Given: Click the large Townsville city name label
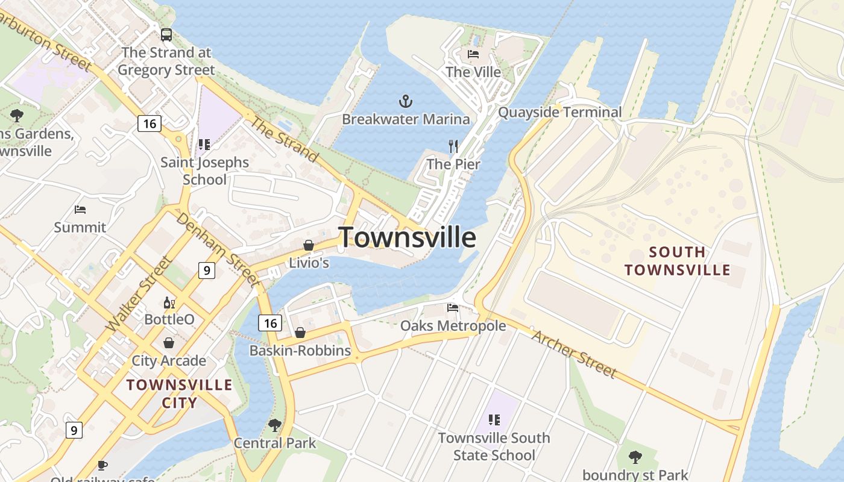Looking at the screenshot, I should point(407,237).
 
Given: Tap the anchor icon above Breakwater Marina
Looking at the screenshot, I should point(406,101).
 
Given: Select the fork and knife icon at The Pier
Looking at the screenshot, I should point(453,146).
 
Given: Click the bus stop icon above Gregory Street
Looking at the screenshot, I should point(166,35).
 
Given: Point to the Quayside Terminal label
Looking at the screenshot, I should point(559,112).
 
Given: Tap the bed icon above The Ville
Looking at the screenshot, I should point(473,54).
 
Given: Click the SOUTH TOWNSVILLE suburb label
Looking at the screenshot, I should point(677,260).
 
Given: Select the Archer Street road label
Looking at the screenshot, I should point(573,353).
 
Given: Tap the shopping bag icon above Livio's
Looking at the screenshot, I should point(309,245).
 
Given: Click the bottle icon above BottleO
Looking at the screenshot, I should point(169,302).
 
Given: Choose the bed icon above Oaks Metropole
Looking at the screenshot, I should point(453,308).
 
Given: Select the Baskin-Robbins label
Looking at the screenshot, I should point(300,350).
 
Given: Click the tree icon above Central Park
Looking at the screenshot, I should point(275,425).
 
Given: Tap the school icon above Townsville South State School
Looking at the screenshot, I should point(494,419).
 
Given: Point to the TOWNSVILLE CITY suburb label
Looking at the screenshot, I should point(179,393).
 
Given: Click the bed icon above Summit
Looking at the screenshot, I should point(80,210).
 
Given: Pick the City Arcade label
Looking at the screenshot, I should point(169,360).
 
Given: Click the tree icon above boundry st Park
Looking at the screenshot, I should point(635,457).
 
